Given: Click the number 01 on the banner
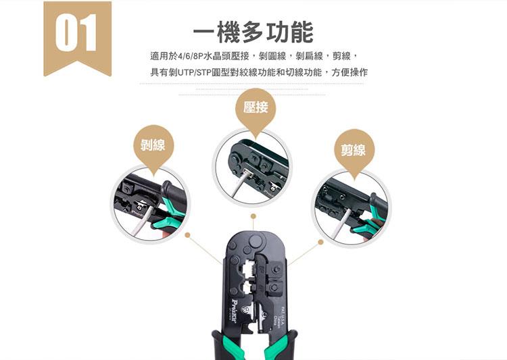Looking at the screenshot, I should point(77,32).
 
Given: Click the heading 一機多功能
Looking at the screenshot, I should point(253,32).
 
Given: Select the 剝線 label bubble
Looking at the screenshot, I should point(153,145).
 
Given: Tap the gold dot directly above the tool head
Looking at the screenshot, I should point(253,217).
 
